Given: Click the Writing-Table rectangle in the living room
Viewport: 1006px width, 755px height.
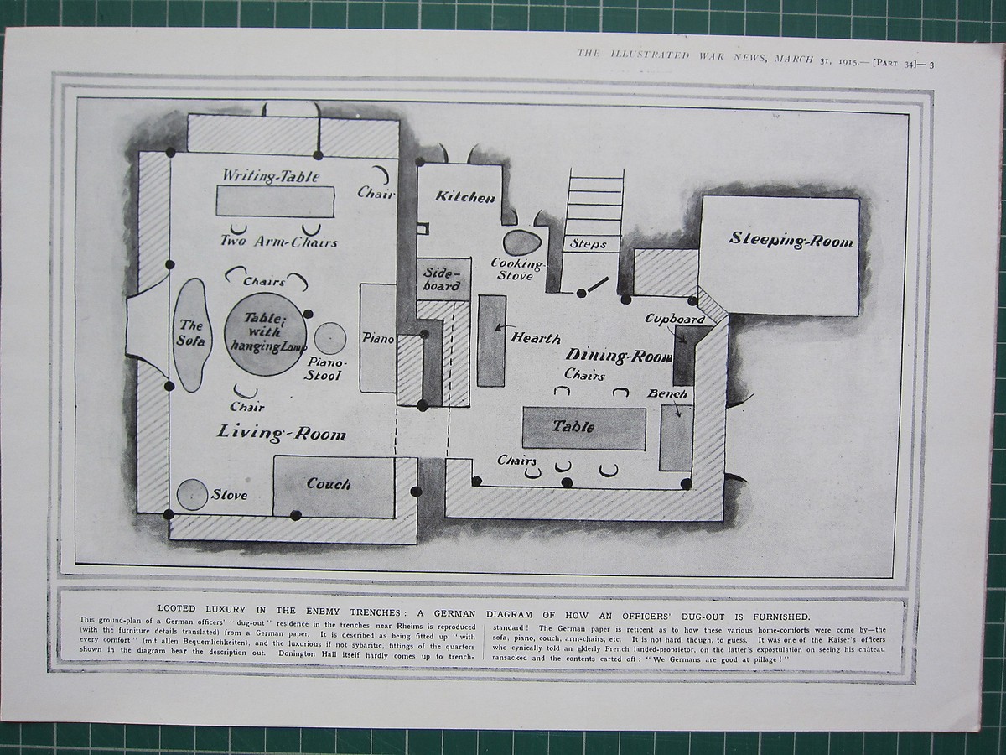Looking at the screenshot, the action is point(275,201).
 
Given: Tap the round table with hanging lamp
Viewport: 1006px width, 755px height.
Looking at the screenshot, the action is point(265,334).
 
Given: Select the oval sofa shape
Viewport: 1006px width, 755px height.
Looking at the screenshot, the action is point(191,334).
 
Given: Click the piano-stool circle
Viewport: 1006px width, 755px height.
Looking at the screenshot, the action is point(329,339).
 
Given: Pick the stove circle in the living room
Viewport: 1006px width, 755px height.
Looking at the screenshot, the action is point(193,494).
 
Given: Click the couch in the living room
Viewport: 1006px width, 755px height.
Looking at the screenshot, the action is point(333,486).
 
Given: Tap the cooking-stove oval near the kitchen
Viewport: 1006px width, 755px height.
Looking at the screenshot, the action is point(522,243).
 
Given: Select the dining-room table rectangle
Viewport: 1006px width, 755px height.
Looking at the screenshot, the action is point(583,427).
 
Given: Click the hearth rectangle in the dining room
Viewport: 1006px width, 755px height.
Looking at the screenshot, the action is point(491,340).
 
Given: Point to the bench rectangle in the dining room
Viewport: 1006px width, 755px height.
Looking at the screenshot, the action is point(676,436).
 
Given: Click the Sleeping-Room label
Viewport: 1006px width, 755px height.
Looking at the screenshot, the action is point(791,241).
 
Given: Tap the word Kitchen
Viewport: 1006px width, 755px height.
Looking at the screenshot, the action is point(464,197).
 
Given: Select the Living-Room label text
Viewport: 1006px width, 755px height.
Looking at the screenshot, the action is point(282,433).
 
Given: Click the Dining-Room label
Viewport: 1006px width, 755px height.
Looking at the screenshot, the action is point(619,356).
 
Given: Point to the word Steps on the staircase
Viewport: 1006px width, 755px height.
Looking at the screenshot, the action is point(589,244).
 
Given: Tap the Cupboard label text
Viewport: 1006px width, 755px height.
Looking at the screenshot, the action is point(674,320).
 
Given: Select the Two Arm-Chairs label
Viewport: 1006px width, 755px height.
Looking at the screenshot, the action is point(278,242).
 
